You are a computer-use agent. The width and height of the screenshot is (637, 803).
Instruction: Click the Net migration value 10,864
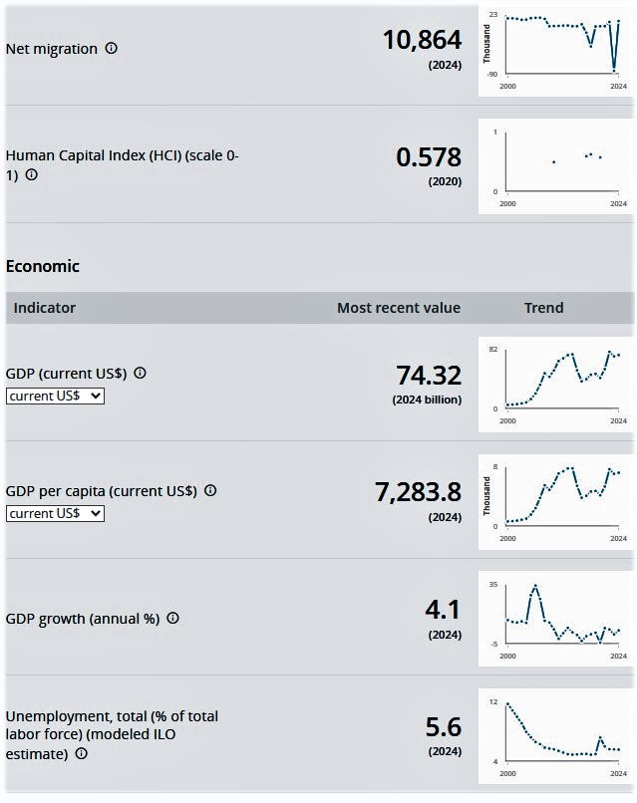[x=422, y=40]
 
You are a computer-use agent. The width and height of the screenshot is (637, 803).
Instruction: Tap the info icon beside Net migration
[x=112, y=48]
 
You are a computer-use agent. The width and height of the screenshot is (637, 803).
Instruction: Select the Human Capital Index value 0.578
[x=429, y=157]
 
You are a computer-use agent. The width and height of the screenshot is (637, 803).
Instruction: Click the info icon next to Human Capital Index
[x=32, y=174]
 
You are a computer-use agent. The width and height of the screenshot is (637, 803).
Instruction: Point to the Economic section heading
[x=43, y=266]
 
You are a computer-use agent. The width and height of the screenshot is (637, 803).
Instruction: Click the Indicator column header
[x=45, y=308]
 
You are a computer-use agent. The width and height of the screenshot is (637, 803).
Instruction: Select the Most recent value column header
[x=399, y=308]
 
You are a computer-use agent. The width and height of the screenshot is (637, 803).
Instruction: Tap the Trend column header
[x=543, y=308]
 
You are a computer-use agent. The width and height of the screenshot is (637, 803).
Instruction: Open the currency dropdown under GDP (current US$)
[x=55, y=396]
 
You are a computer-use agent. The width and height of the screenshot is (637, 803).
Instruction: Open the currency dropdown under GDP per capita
[x=55, y=513]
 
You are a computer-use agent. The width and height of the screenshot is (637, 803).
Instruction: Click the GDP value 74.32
[x=429, y=375]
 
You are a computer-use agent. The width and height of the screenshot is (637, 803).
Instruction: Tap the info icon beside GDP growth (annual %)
[x=173, y=618]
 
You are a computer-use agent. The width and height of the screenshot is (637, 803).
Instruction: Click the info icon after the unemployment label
[x=82, y=753]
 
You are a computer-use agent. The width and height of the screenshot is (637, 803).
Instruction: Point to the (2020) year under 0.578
[x=445, y=181]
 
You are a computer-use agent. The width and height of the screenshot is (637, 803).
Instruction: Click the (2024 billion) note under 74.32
[x=427, y=400]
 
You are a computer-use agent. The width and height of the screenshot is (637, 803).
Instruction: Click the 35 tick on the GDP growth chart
[x=492, y=585]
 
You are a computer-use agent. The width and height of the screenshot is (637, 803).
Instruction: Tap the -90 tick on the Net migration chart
[x=491, y=75]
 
